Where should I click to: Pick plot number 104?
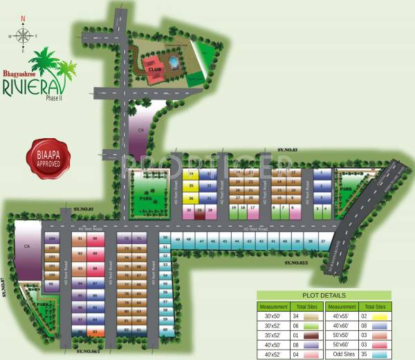point(52,239)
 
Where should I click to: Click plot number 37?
point(323,241)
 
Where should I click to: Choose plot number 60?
point(165,330)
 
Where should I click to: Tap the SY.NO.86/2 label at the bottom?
point(89,352)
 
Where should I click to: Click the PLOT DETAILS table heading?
point(324,295)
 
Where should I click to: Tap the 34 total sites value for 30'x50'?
point(295,315)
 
